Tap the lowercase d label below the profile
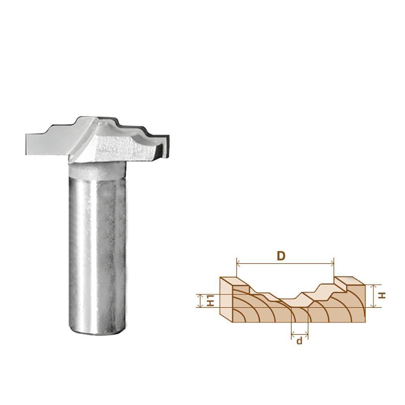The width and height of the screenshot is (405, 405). [299, 341]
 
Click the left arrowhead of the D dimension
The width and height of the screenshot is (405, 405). [237, 264]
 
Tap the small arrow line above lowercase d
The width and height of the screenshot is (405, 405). [300, 334]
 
